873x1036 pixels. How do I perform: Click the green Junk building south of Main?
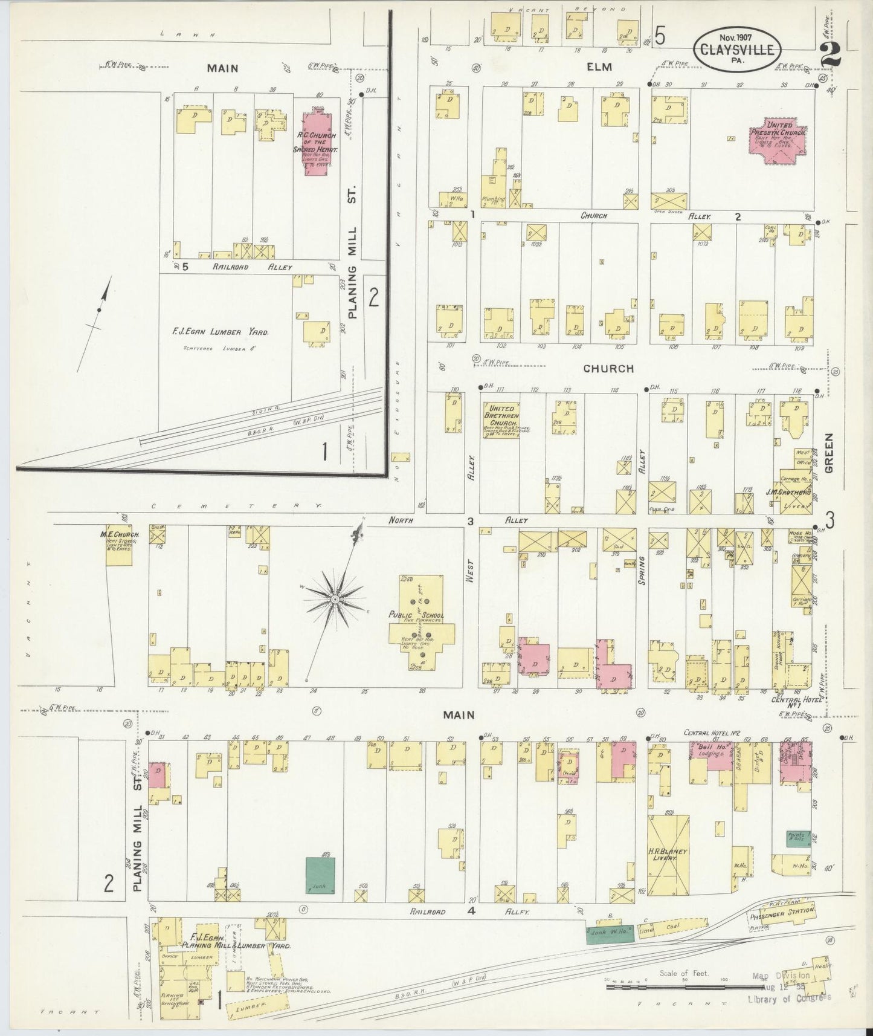click(x=320, y=875)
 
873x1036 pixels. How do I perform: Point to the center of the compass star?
click(x=333, y=598)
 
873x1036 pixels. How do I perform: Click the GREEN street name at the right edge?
click(x=829, y=453)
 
